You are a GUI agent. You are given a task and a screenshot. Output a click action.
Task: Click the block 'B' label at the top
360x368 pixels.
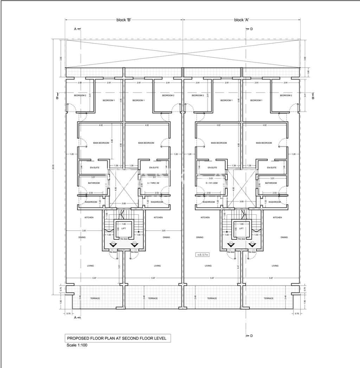tap(124, 20)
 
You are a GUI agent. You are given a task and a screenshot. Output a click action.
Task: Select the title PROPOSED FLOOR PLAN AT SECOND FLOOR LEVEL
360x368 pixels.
tap(119, 338)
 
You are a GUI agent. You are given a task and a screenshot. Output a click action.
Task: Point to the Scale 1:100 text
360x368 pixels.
tap(77, 345)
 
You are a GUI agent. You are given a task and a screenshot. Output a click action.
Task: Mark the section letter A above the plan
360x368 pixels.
tap(75, 29)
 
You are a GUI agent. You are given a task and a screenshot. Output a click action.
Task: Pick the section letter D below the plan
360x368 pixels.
tap(251, 336)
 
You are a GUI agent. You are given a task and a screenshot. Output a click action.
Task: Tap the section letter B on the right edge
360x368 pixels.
tap(313, 98)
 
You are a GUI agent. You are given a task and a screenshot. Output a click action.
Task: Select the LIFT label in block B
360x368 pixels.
tap(123, 228)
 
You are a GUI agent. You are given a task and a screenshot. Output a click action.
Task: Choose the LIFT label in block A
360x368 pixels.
tap(241, 228)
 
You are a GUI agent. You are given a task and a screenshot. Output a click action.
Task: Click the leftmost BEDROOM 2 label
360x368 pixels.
tap(80, 96)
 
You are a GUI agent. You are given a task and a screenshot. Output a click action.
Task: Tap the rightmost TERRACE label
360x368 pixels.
tap(269, 298)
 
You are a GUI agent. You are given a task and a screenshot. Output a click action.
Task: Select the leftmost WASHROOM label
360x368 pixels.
tap(91, 202)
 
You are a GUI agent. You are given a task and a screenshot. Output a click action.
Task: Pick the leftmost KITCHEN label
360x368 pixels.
tap(89, 218)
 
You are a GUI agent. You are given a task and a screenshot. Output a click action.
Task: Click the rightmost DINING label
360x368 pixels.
tap(284, 237)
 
